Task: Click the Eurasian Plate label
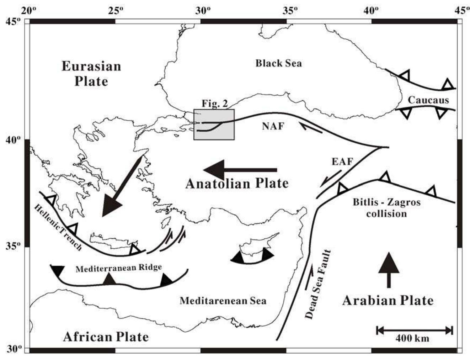pyautogui.click(x=91, y=74)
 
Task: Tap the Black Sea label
pyautogui.click(x=278, y=63)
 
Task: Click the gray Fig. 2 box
pyautogui.click(x=214, y=125)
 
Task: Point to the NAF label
pyautogui.click(x=273, y=126)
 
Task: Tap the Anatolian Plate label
pyautogui.click(x=237, y=184)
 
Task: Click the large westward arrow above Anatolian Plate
pyautogui.click(x=240, y=170)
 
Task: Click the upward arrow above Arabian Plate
pyautogui.click(x=388, y=270)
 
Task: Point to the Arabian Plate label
pyautogui.click(x=388, y=301)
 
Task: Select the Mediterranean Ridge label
pyautogui.click(x=119, y=268)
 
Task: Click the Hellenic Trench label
pyautogui.click(x=58, y=228)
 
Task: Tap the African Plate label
pyautogui.click(x=106, y=336)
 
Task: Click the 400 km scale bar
pyautogui.click(x=414, y=330)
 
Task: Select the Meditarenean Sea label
pyautogui.click(x=223, y=301)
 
